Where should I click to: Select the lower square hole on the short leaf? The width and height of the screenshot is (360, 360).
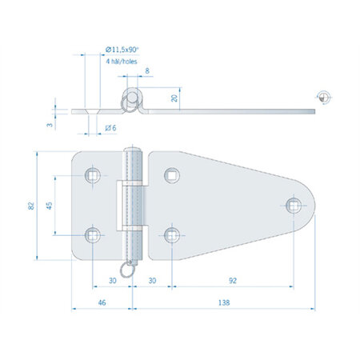[x=94, y=234]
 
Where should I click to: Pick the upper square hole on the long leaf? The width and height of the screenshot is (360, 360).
[x=172, y=176]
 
